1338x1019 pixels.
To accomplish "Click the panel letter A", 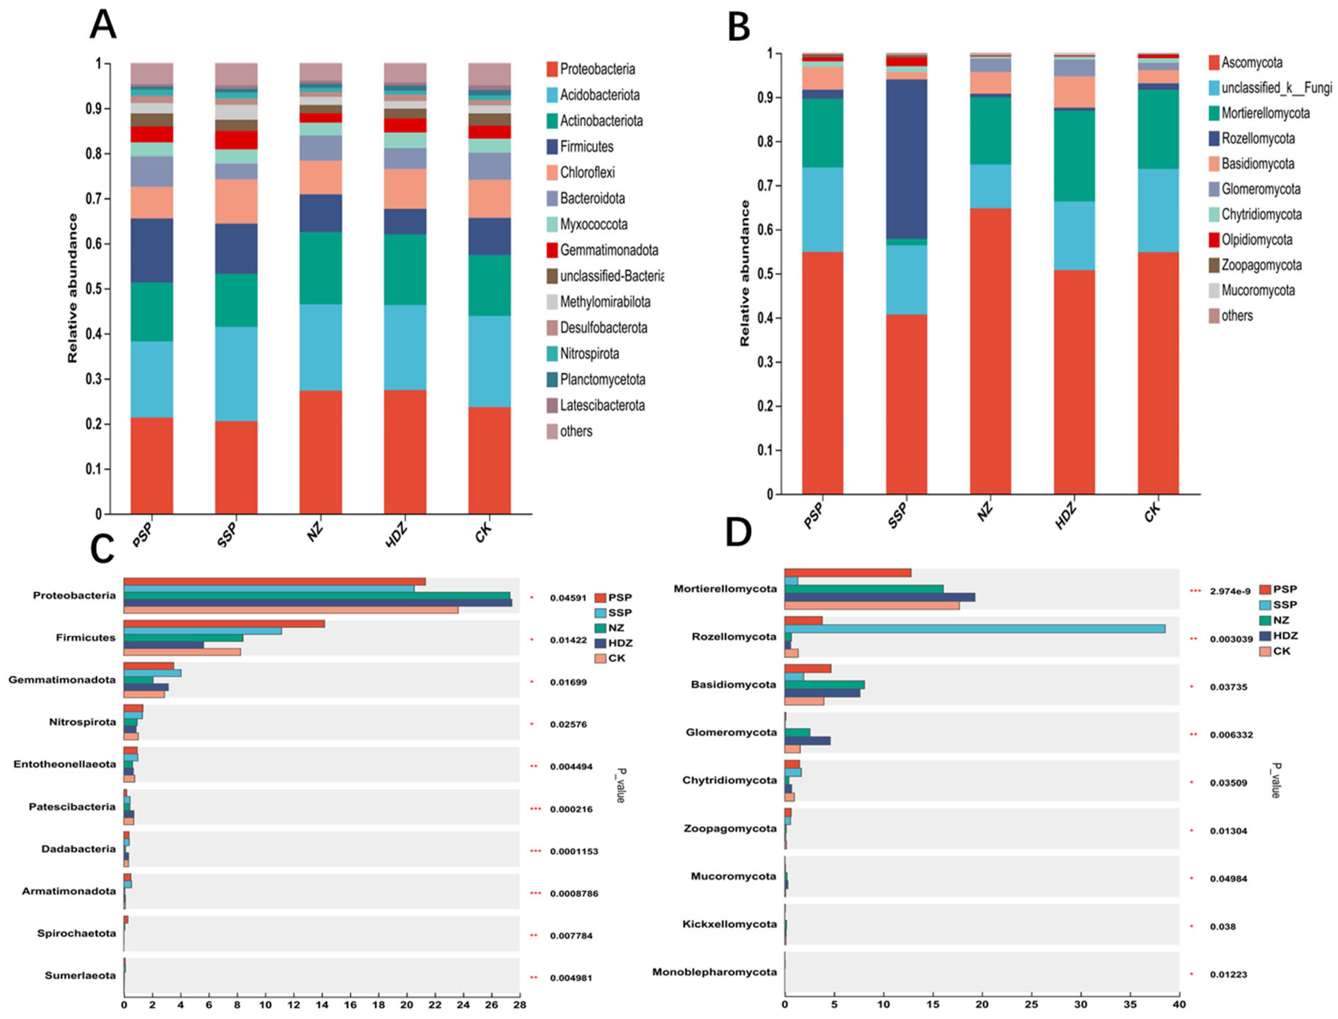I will (x=103, y=25).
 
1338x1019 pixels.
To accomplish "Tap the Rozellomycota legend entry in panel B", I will (x=1257, y=139).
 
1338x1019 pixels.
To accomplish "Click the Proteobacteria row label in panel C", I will (x=74, y=596).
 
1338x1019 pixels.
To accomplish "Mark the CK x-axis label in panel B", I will (x=1151, y=513).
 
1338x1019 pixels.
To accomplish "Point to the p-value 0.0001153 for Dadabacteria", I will (x=574, y=852).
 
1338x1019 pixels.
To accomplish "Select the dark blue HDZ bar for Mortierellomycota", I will (x=879, y=597).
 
